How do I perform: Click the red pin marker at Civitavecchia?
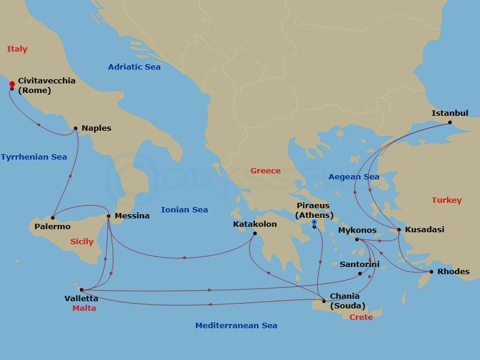pyautogui.click(x=12, y=85)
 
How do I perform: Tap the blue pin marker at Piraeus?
pyautogui.click(x=314, y=223)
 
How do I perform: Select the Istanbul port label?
pyautogui.click(x=450, y=113)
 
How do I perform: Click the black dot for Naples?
pyautogui.click(x=76, y=128)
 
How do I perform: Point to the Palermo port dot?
pyautogui.click(x=53, y=217)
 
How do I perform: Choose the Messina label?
pyautogui.click(x=131, y=216)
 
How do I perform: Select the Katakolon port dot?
pyautogui.click(x=255, y=233)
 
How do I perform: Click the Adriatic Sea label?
pyautogui.click(x=134, y=67)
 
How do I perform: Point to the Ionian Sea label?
pyautogui.click(x=184, y=209)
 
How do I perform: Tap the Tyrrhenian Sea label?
pyautogui.click(x=34, y=157)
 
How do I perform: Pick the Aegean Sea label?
pyautogui.click(x=353, y=176)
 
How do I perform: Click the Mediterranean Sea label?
pyautogui.click(x=236, y=325)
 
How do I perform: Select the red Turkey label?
pyautogui.click(x=446, y=200)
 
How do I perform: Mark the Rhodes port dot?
pyautogui.click(x=430, y=272)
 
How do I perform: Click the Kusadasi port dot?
pyautogui.click(x=399, y=230)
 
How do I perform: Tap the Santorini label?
pyautogui.click(x=359, y=264)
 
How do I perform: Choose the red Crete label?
pyautogui.click(x=361, y=317)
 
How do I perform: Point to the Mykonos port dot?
pyautogui.click(x=356, y=239)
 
